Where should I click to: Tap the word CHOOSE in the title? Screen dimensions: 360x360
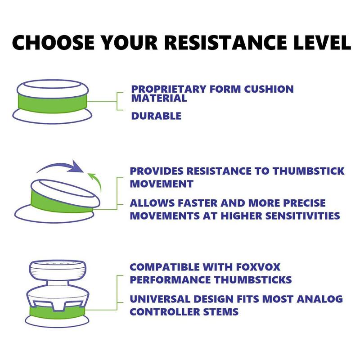53,42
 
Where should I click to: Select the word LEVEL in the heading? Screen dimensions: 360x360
322,42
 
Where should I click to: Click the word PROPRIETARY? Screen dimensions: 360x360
169,89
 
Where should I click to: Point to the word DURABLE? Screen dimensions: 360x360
156,116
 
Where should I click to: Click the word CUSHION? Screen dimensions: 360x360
269,89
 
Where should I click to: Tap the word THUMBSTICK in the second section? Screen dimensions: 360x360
309,171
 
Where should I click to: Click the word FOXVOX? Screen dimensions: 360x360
258,267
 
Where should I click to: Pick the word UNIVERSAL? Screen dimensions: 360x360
160,299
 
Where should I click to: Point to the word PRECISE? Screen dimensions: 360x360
304,203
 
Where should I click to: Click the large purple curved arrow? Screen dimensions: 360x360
60,165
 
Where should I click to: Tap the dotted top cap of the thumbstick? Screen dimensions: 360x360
58,270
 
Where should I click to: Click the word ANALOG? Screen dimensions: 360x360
319,299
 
